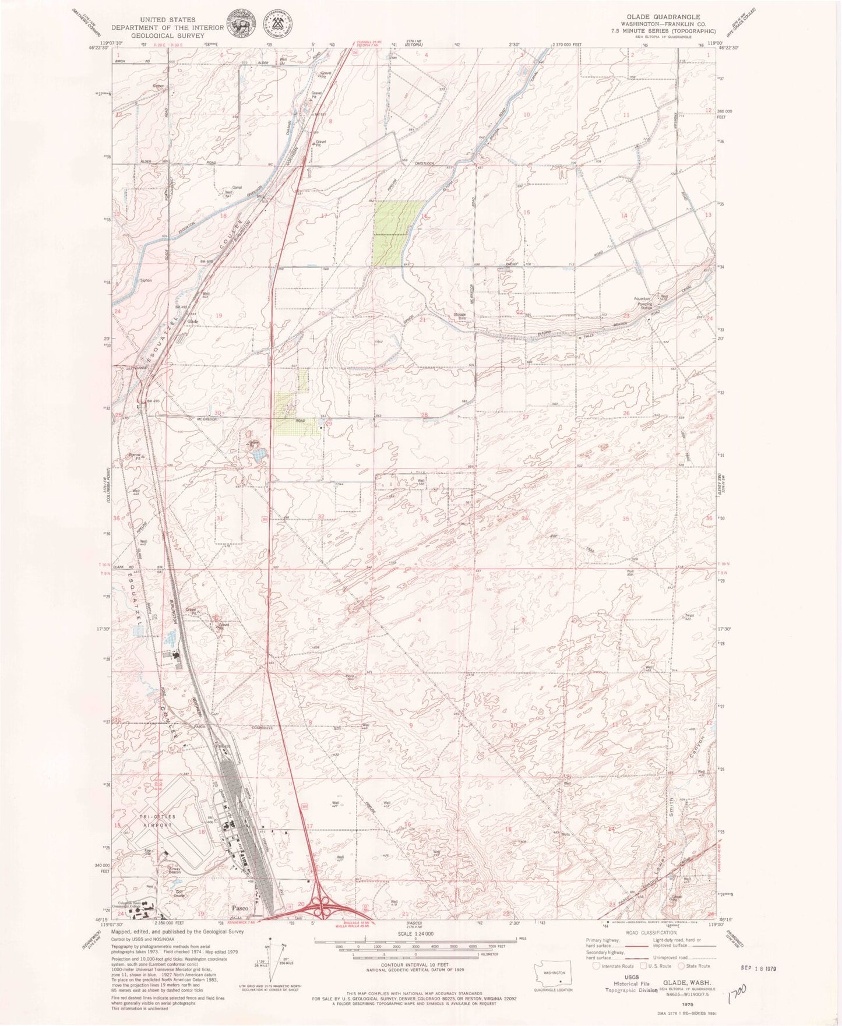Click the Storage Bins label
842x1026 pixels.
click(460, 317)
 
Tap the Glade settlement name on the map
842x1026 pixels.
click(192, 322)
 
